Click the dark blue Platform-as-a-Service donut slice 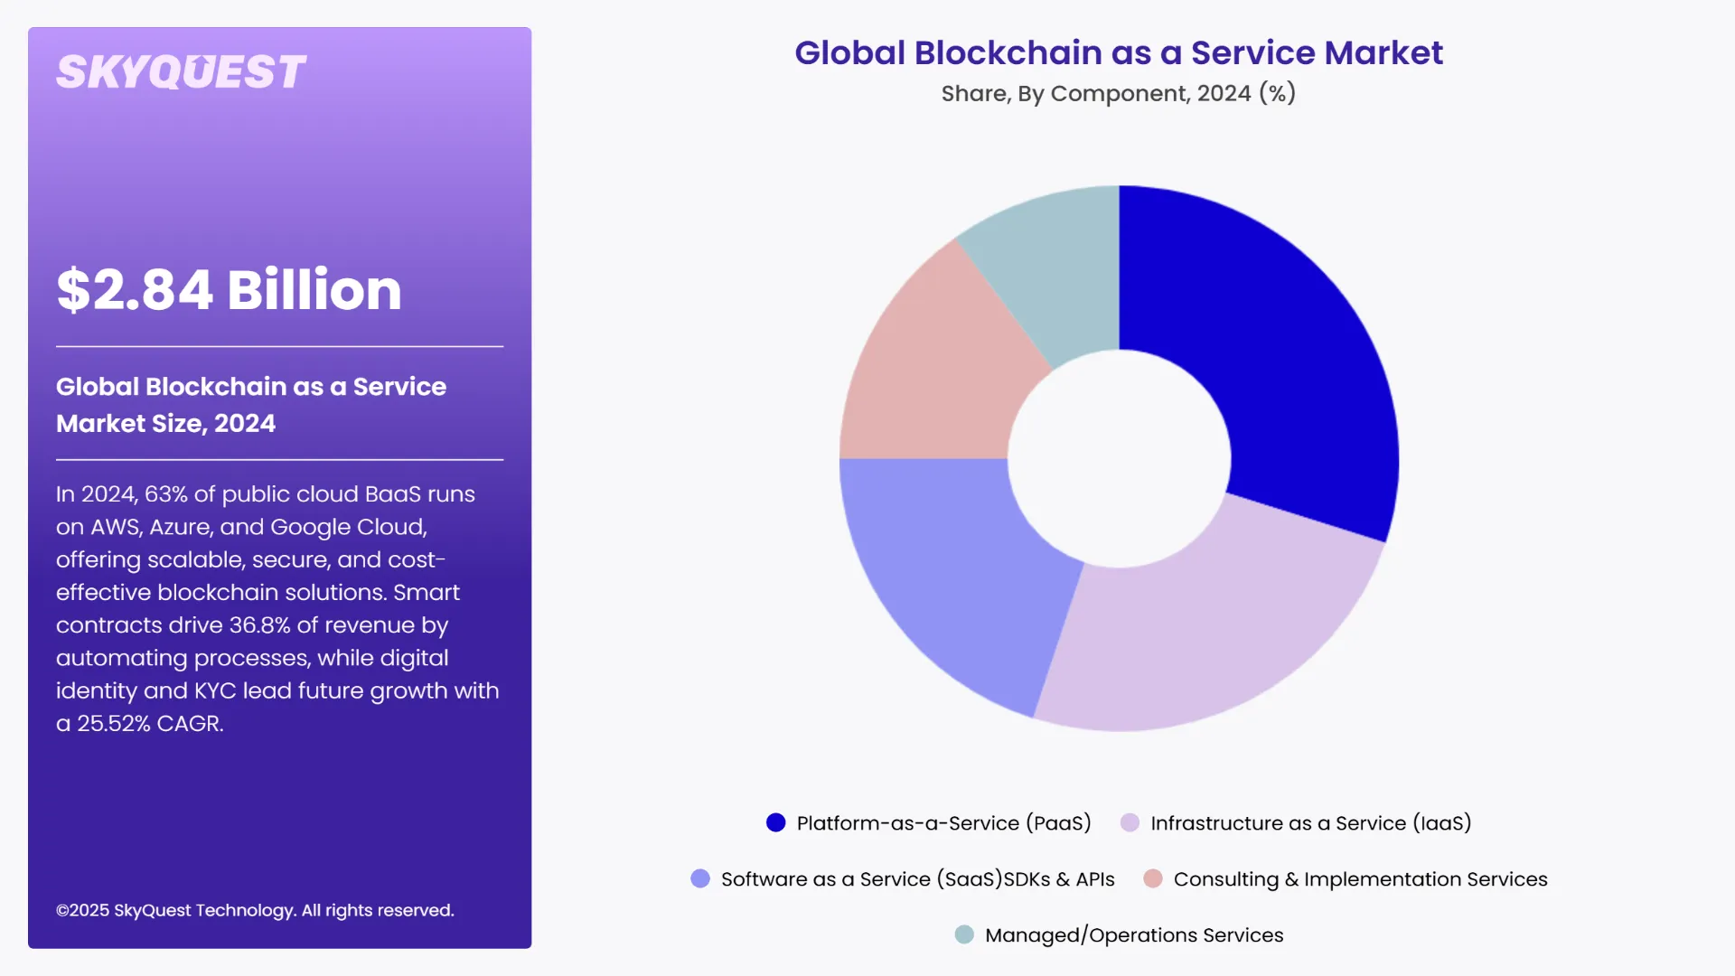(1283, 343)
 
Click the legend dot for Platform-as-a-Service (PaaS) (775, 823)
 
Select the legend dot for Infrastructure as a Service (1130, 823)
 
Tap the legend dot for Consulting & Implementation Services (1152, 879)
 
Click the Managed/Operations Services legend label (1133, 935)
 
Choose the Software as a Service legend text (917, 879)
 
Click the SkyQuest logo (181, 72)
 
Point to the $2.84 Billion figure (229, 290)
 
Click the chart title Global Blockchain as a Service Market (1118, 53)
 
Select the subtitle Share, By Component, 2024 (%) (1118, 94)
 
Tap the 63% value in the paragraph (166, 494)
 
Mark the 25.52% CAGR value (150, 724)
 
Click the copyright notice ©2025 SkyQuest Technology (255, 911)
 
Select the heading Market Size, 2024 (166, 424)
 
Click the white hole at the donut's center (1119, 459)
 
